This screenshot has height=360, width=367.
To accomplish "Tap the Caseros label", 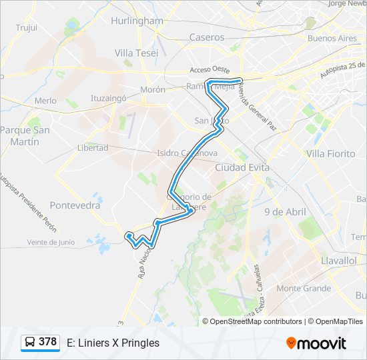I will click(207, 37).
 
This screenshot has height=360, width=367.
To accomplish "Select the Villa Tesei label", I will click(136, 53).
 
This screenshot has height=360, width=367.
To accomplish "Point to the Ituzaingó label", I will click(109, 98).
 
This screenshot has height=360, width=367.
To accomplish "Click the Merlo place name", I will click(45, 101).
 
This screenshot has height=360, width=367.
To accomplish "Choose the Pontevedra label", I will click(75, 205).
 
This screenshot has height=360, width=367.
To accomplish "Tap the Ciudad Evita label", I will click(242, 167).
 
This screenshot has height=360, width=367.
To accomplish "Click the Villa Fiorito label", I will click(330, 153).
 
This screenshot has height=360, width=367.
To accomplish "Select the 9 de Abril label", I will click(285, 212).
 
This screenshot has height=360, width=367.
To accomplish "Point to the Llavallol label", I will click(338, 261).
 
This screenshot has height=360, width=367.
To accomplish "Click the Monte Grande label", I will click(304, 288).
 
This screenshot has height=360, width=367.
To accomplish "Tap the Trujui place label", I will click(26, 27).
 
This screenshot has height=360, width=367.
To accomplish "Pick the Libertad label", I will click(92, 147).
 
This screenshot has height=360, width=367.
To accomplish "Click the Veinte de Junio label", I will click(51, 243).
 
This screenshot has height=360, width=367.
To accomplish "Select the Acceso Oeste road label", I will click(210, 69).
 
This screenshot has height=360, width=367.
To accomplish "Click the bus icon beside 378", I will click(30, 343).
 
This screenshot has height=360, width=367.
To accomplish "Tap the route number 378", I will click(47, 342).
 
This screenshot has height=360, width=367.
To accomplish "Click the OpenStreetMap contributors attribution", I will click(256, 321).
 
